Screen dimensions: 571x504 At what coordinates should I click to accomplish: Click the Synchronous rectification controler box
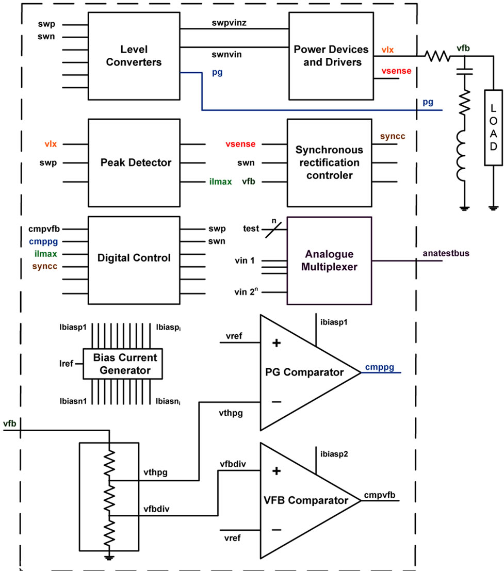tap(329, 162)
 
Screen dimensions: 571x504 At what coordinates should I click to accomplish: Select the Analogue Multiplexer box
tap(329, 260)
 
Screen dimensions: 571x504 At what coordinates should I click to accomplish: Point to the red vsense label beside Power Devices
tap(396, 71)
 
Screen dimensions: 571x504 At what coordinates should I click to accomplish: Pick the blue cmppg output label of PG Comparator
tap(380, 367)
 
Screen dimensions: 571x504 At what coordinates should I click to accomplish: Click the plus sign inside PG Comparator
tap(276, 344)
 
